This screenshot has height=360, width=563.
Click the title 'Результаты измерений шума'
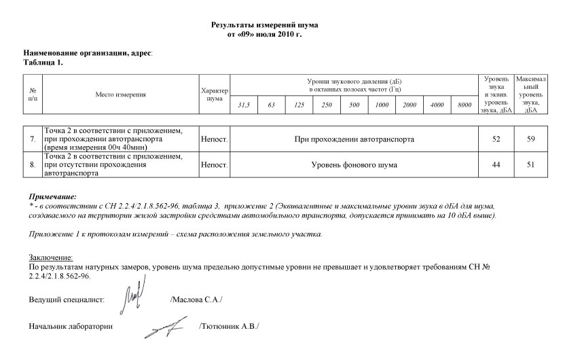click(265, 24)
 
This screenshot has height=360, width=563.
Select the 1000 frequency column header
click(382, 106)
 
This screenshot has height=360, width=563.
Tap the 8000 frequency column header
click(465, 106)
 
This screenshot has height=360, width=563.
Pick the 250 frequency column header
click(327, 106)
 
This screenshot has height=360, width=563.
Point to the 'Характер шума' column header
click(215, 94)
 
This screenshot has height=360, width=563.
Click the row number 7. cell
click(33, 139)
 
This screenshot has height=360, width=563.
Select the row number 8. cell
click(33, 165)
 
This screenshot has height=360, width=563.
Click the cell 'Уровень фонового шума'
click(354, 165)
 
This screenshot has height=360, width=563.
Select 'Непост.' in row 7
click(214, 139)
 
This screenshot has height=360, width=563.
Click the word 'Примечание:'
click(48, 196)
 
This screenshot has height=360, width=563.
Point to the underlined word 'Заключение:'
click(50, 257)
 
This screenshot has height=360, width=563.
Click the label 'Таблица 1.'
click(43, 62)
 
